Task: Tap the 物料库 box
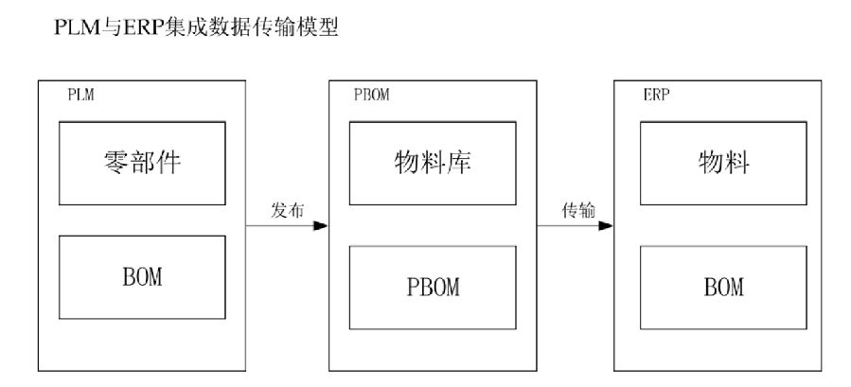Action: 433,164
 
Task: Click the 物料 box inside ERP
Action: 723,164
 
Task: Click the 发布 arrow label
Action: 287,211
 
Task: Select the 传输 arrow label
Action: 576,211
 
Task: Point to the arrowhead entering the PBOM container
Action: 321,226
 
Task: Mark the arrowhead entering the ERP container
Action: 606,226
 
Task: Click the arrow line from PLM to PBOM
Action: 279,226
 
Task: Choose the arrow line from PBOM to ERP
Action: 568,226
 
